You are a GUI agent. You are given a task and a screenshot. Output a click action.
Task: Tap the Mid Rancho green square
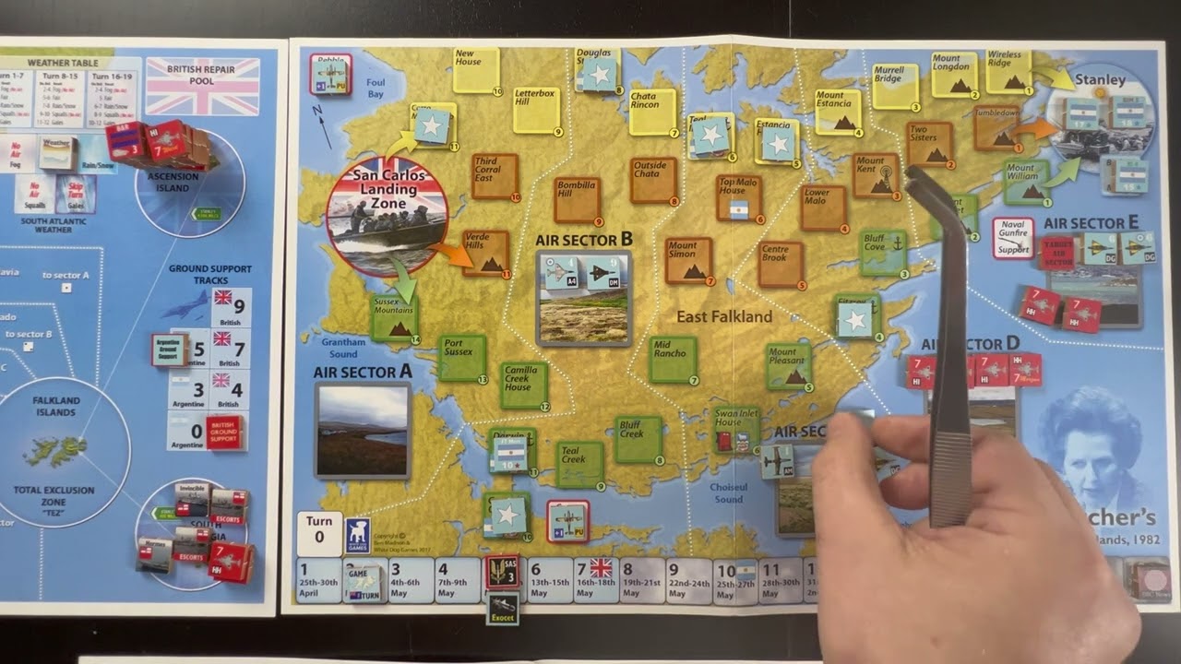[673, 360]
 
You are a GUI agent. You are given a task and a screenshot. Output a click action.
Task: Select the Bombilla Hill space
[578, 200]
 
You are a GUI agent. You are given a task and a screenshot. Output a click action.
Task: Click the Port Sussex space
[461, 357]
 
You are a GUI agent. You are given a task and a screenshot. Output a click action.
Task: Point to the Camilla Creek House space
[524, 385]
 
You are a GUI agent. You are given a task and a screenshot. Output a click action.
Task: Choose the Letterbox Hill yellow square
[536, 110]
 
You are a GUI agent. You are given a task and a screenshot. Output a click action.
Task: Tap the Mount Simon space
[688, 260]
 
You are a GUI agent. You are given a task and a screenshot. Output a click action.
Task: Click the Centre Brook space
[781, 264]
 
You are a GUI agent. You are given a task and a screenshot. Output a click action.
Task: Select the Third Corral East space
[495, 176]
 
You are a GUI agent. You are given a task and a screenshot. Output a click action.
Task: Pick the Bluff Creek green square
[638, 439]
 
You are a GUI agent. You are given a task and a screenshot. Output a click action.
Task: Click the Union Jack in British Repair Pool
[202, 87]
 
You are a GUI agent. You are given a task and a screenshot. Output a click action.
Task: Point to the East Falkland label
[724, 316]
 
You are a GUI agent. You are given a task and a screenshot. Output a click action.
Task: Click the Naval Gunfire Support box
[1012, 237]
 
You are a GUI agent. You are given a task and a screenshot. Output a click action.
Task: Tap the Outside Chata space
[653, 180]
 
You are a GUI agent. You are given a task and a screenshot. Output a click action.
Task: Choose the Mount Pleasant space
[788, 366]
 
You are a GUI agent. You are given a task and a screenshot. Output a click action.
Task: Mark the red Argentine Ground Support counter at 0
[224, 432]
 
